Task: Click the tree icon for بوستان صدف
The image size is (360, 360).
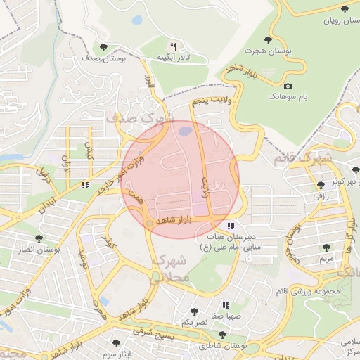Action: (x=104, y=47)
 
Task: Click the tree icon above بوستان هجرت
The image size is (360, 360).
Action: (x=267, y=39)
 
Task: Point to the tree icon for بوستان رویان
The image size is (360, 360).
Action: (x=344, y=9)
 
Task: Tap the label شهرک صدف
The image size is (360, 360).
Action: (x=140, y=120)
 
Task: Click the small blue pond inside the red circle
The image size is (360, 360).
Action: (x=184, y=130)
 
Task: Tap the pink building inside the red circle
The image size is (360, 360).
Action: (x=200, y=210)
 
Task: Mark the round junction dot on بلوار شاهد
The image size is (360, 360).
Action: (x=148, y=224)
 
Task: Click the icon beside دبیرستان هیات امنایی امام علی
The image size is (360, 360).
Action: (x=231, y=226)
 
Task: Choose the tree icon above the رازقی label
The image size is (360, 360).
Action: (x=321, y=185)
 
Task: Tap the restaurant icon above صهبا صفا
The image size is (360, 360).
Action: (x=226, y=305)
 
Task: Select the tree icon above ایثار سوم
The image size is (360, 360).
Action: (x=116, y=342)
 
